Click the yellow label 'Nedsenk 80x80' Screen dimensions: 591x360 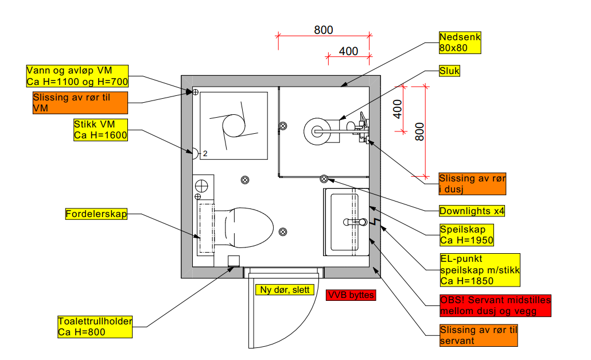coord(460,42)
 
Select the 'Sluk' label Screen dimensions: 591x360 coord(449,71)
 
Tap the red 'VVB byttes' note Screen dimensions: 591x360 coord(351,295)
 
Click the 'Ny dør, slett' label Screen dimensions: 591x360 coord(285,289)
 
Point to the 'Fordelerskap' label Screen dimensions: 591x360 coord(96,214)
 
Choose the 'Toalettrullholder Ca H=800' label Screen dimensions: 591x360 coord(95,327)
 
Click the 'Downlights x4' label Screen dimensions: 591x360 coord(472,211)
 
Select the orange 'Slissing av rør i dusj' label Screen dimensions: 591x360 coord(472,184)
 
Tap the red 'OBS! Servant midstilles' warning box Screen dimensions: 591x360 coord(495,305)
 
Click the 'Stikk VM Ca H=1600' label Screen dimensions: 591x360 coord(100,130)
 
